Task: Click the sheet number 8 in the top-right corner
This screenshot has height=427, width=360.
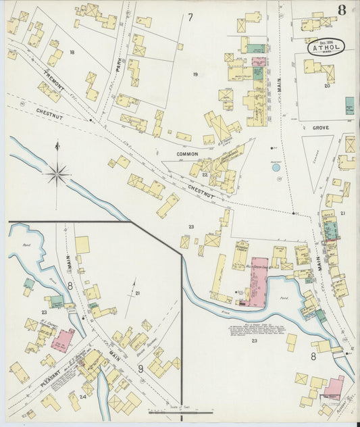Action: [343, 9]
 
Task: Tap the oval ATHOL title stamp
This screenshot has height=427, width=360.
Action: [327, 47]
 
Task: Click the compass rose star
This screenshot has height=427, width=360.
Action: [57, 174]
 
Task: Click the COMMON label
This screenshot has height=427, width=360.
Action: [187, 154]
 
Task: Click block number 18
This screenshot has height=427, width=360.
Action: [71, 52]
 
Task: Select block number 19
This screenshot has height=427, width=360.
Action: [195, 74]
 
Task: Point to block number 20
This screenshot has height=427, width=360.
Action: [327, 86]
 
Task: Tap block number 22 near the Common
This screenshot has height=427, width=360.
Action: [203, 174]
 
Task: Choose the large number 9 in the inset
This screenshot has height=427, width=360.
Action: [140, 368]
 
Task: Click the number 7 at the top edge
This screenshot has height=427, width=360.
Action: [190, 17]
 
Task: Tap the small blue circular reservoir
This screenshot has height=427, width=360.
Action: [276, 167]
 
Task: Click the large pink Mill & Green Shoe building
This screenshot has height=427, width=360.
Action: [259, 280]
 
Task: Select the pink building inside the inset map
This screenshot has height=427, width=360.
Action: [63, 338]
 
